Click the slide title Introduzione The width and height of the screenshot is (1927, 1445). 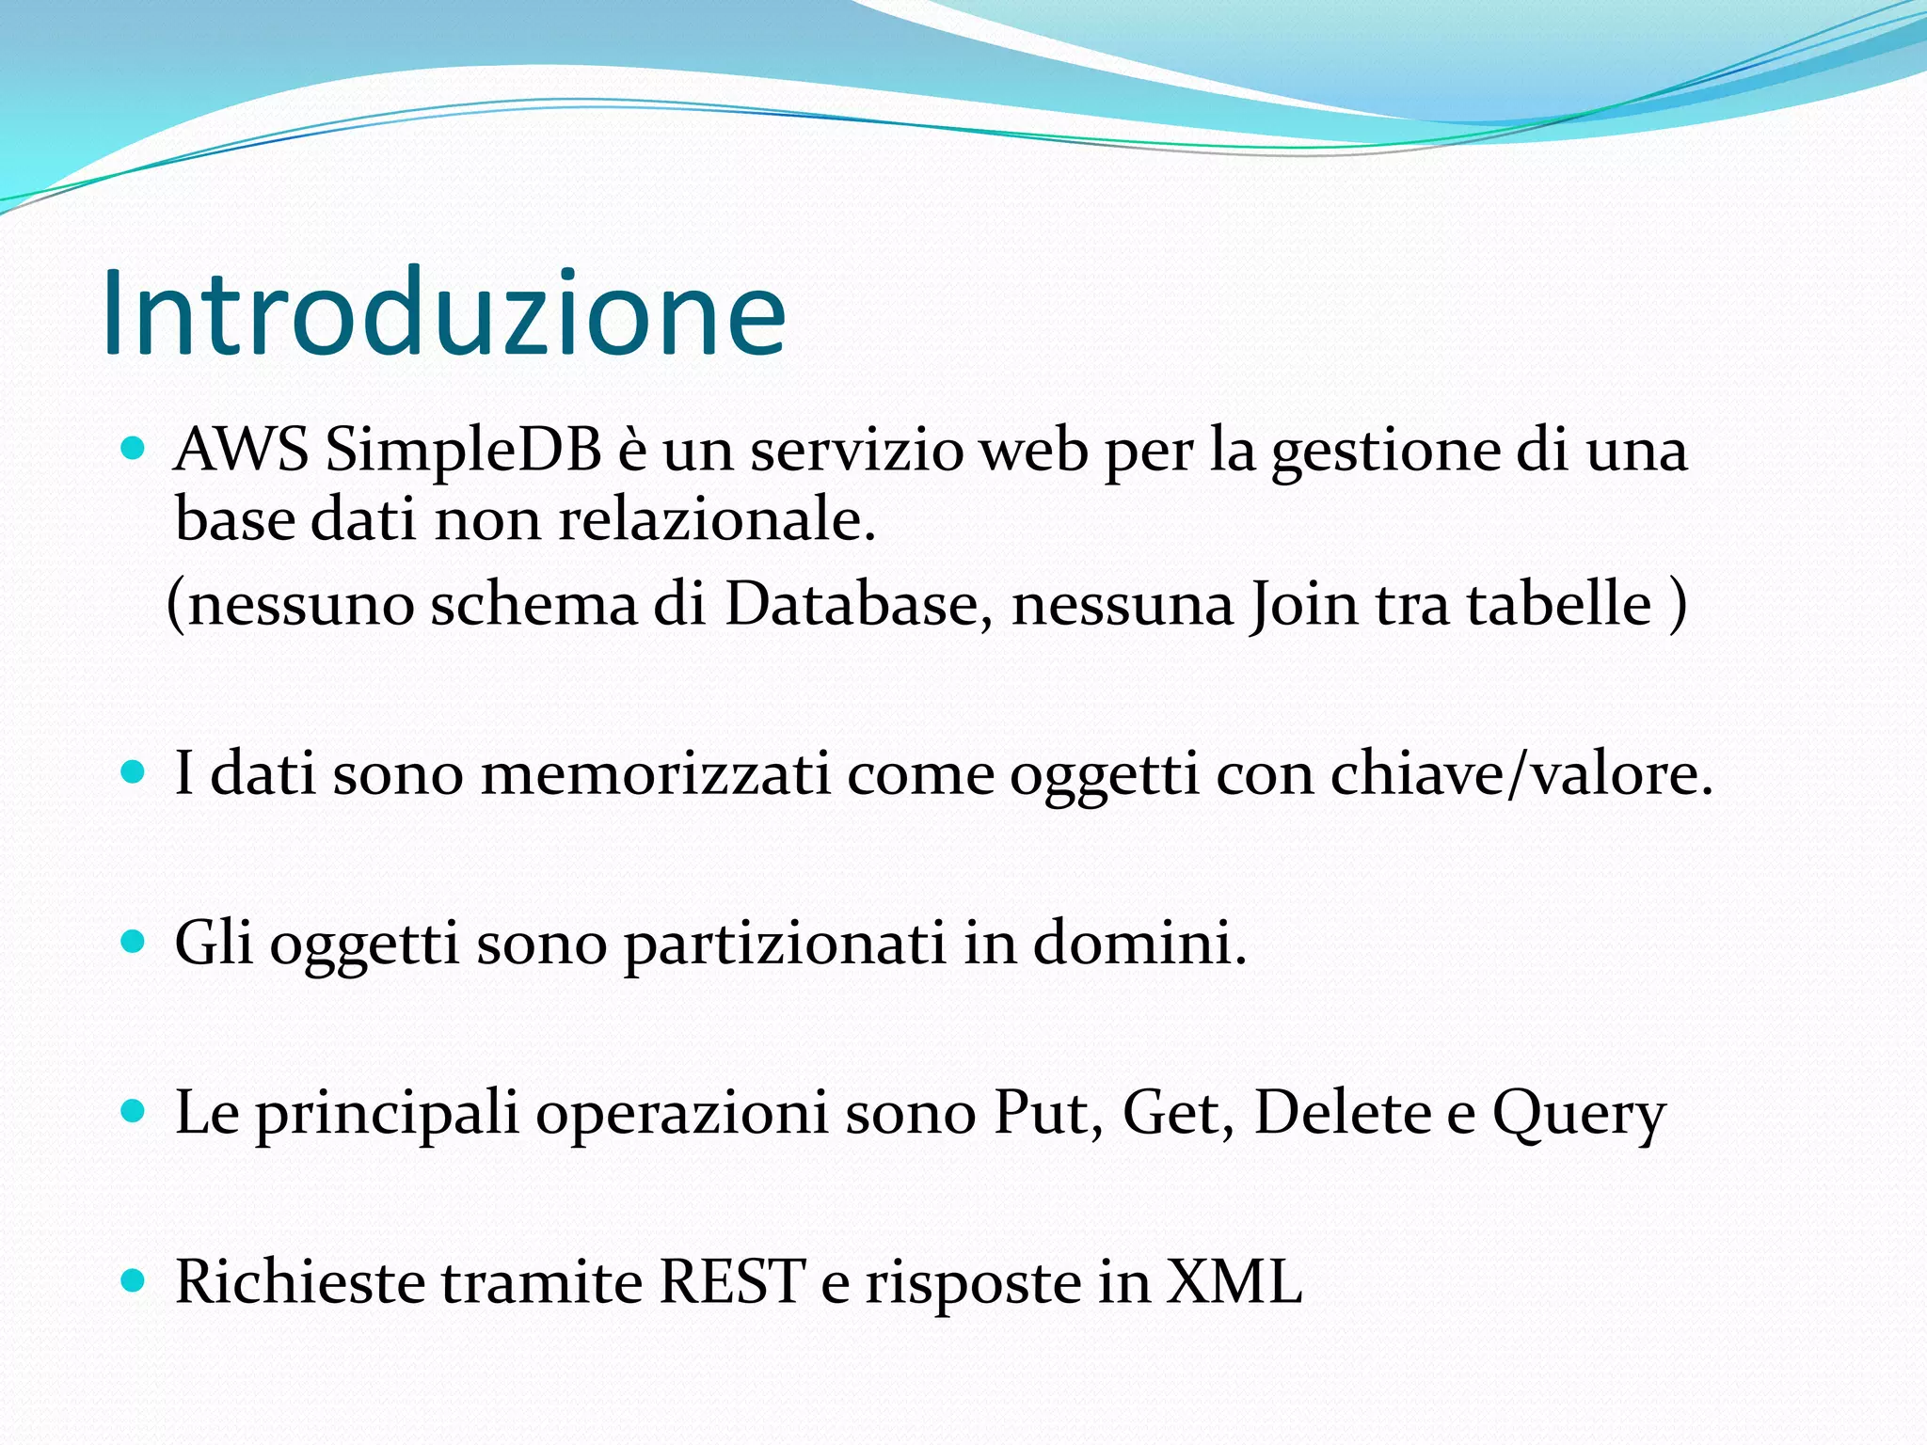pos(442,313)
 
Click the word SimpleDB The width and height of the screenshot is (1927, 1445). pos(463,450)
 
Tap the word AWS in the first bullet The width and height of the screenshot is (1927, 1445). pos(241,450)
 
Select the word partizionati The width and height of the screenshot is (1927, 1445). pos(785,943)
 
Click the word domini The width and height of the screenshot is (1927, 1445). pos(1139,943)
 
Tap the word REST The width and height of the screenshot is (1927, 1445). pos(732,1281)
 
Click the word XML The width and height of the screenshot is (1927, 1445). pos(1234,1281)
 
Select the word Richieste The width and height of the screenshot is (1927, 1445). pos(300,1281)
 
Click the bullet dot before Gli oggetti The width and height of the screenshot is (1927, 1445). pos(134,942)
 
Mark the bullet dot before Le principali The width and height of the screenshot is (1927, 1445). pos(134,1111)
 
